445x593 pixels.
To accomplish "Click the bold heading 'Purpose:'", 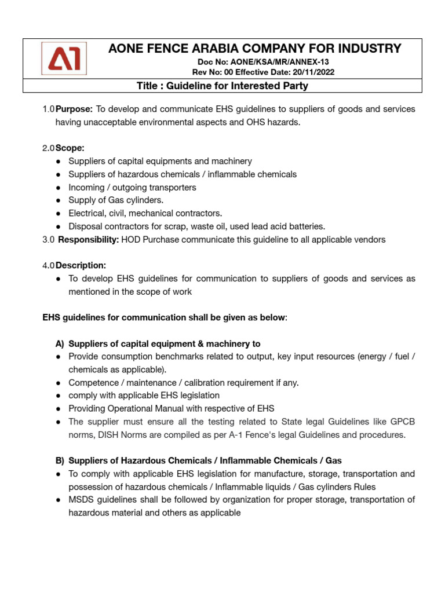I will (x=74, y=109).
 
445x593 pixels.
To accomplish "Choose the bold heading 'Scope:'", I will (x=70, y=148).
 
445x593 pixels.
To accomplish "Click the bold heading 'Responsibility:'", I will (x=89, y=239).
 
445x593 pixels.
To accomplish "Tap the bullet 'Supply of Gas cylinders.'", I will (x=116, y=200).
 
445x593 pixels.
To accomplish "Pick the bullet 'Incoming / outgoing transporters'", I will (x=132, y=187).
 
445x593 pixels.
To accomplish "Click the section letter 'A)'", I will (x=59, y=343).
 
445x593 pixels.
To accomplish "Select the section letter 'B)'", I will (x=59, y=460).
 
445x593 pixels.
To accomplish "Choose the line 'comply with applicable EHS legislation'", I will (x=144, y=396).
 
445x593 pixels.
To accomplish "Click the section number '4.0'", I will (x=48, y=265).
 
